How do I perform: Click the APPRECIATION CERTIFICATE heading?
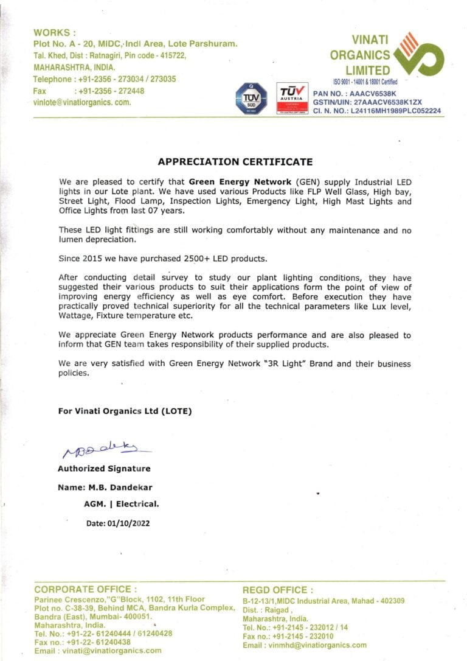(x=235, y=162)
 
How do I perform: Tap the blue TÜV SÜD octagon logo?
(x=251, y=97)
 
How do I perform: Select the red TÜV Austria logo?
(x=292, y=98)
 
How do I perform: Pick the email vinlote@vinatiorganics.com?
(x=83, y=102)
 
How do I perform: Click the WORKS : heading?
(x=55, y=32)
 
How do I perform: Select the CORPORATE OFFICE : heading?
(x=86, y=589)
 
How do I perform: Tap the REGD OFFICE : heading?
(x=278, y=590)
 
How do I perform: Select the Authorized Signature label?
(x=104, y=469)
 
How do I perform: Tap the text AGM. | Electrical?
(x=121, y=504)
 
